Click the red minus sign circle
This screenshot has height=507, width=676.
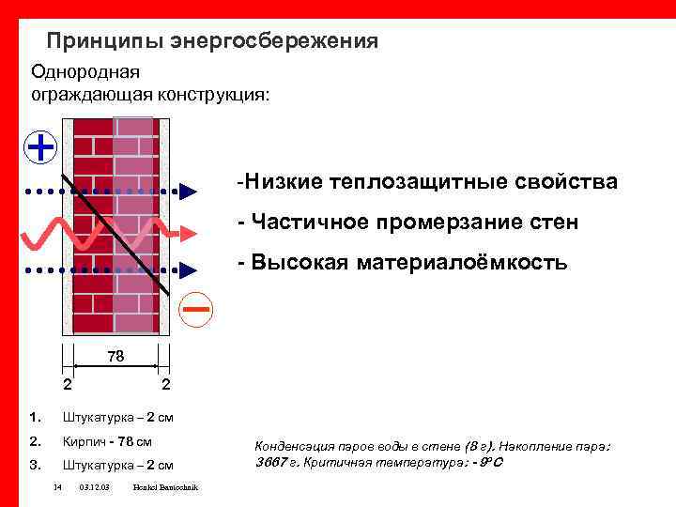click(x=196, y=310)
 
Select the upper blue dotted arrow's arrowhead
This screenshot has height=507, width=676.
click(x=188, y=192)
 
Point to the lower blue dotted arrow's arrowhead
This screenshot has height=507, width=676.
click(x=188, y=270)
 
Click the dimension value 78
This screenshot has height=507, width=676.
click(x=115, y=357)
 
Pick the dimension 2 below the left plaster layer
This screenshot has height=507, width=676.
click(x=67, y=385)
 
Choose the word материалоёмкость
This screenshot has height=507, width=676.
click(x=462, y=263)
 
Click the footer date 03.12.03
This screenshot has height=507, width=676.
click(x=95, y=487)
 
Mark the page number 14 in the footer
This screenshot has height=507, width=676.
click(x=57, y=487)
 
